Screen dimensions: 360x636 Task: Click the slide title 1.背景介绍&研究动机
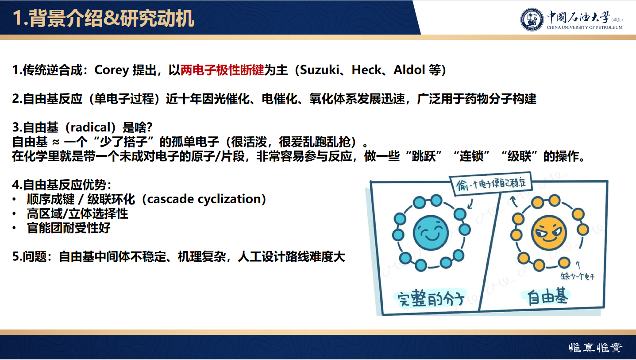(103, 19)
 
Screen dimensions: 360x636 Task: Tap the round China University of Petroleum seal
(532, 19)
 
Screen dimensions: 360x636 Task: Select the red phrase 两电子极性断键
(222, 70)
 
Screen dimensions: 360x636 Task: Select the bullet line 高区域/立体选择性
(77, 214)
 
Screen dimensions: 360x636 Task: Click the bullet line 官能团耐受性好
(69, 228)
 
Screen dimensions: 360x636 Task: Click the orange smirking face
(549, 232)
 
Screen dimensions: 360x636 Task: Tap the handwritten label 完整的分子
(429, 298)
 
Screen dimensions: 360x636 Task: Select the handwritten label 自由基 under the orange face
(548, 297)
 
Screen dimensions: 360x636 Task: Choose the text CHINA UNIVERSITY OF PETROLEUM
(584, 27)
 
